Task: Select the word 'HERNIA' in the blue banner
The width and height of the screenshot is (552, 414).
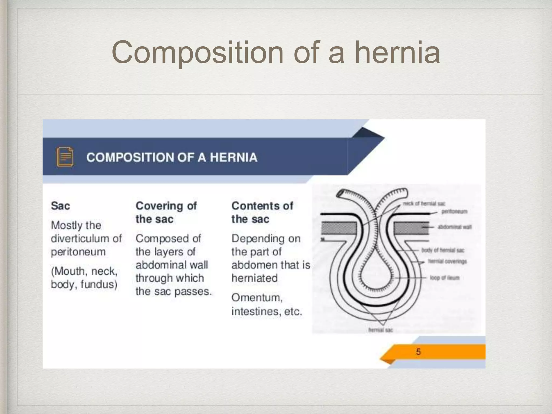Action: coord(233,157)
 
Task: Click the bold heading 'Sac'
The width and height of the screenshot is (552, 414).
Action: coord(60,206)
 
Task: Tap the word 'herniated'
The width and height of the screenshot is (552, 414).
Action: coord(254,278)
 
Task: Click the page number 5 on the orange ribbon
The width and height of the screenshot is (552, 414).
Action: coord(418,352)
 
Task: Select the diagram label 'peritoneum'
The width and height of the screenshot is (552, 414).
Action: coord(454,212)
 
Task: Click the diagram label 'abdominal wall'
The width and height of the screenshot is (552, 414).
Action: coord(455,227)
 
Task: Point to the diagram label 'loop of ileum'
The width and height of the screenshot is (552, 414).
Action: coord(445,278)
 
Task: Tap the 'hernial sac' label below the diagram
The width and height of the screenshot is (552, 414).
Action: coord(380,330)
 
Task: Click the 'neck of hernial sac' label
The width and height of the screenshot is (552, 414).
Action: coord(424,203)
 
